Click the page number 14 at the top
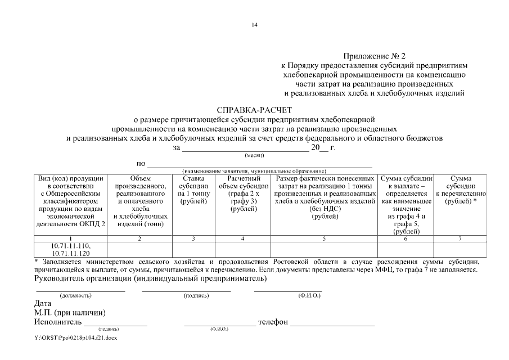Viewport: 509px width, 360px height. [255, 25]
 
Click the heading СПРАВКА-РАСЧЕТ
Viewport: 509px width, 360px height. [254, 110]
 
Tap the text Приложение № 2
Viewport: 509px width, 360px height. [374, 56]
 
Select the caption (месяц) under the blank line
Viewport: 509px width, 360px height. [254, 155]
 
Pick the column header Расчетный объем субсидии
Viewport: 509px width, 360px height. [243, 193]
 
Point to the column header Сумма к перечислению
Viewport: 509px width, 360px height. [460, 190]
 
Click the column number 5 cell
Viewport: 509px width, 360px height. [324, 239]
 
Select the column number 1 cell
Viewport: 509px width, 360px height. [70, 239]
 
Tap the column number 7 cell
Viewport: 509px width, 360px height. [460, 239]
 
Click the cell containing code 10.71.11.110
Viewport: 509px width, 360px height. [70, 249]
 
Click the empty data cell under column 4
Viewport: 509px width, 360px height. [243, 249]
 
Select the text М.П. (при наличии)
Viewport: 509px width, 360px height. [70, 313]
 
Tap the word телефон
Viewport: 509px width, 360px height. [273, 322]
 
